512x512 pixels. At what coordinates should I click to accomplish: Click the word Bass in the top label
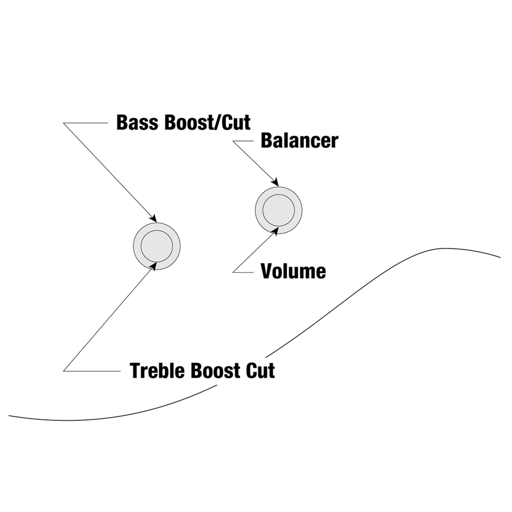137,123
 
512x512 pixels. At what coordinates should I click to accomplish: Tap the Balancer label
300,141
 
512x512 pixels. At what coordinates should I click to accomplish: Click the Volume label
293,271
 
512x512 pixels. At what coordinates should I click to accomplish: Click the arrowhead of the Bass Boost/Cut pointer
153,219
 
